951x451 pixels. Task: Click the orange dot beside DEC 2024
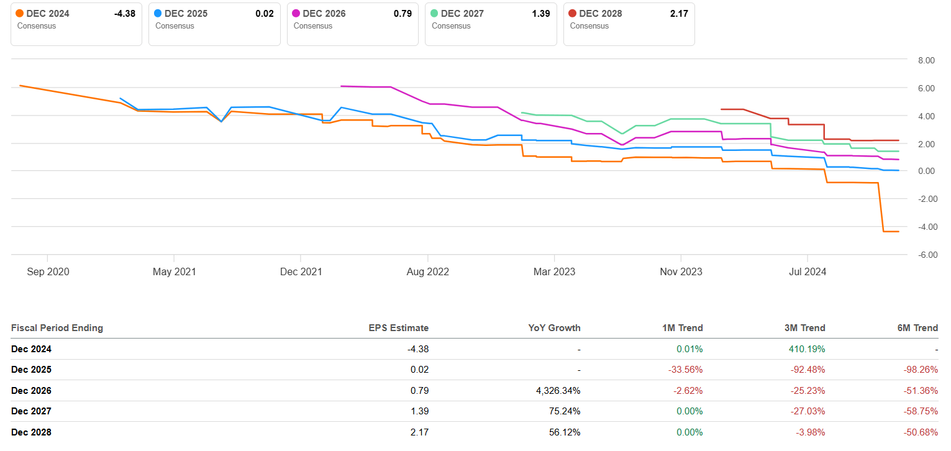point(20,14)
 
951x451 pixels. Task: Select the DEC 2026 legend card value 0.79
point(403,14)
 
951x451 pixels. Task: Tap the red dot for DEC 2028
point(573,14)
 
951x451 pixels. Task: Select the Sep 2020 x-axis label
point(48,272)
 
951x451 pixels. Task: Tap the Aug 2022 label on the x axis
point(427,272)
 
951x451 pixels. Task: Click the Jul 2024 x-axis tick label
point(808,272)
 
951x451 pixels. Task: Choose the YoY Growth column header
point(555,328)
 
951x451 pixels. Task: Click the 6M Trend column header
point(917,328)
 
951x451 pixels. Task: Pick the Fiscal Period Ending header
point(57,328)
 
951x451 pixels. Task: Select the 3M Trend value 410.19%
point(806,349)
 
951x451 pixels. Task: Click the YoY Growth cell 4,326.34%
point(553,391)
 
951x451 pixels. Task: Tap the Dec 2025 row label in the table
point(31,370)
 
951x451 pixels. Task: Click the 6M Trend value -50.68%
point(921,432)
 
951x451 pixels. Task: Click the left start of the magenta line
point(341,86)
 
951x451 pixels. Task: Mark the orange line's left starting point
point(20,86)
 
